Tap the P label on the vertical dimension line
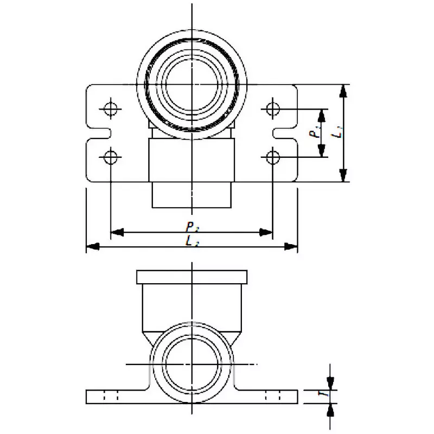[314, 133]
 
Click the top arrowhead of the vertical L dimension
[343, 91]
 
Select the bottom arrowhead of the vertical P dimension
[323, 150]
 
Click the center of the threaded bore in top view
[192, 84]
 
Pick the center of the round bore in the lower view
[192, 364]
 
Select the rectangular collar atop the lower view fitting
[192, 276]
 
